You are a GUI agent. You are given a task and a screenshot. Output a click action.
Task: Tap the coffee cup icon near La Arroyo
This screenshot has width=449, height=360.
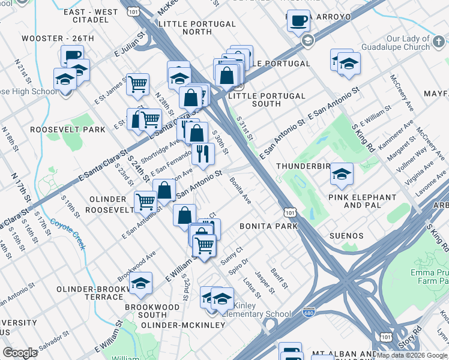click(x=298, y=21)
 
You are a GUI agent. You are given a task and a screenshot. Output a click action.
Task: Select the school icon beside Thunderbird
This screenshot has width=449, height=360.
click(x=342, y=174)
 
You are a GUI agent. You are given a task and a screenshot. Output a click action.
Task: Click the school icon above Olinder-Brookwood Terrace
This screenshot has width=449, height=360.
click(x=140, y=284)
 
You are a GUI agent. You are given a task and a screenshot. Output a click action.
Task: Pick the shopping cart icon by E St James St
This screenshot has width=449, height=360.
click(x=138, y=85)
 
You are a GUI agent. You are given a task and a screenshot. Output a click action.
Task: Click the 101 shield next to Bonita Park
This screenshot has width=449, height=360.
click(x=289, y=212)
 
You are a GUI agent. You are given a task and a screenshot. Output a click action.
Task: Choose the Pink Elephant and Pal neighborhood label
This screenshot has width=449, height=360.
click(x=362, y=201)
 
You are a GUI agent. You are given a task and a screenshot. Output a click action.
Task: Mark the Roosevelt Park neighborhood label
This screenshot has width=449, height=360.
click(x=67, y=129)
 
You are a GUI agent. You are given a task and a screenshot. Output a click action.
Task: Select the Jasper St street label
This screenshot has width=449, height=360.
click(x=265, y=282)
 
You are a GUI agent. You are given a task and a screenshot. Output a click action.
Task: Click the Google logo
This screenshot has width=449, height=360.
click(x=20, y=352)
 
